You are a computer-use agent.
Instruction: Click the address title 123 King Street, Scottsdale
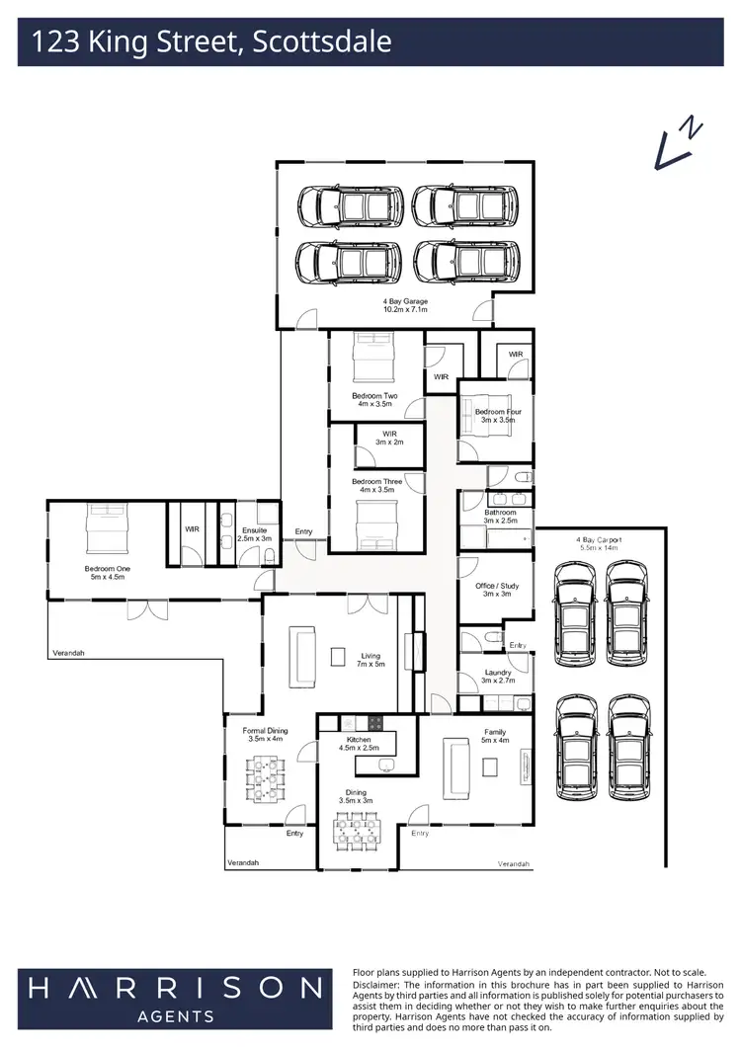click(211, 42)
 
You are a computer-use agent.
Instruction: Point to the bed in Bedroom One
click(107, 529)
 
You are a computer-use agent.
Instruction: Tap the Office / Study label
click(496, 590)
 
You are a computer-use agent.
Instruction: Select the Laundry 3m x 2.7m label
click(496, 677)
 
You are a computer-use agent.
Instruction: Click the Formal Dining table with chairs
click(265, 777)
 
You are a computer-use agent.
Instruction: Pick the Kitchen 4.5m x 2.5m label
click(358, 744)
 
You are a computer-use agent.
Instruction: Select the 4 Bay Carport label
click(598, 544)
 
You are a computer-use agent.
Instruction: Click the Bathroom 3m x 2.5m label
click(500, 517)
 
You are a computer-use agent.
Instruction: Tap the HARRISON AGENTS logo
click(174, 996)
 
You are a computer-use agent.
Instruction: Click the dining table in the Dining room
click(358, 832)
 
